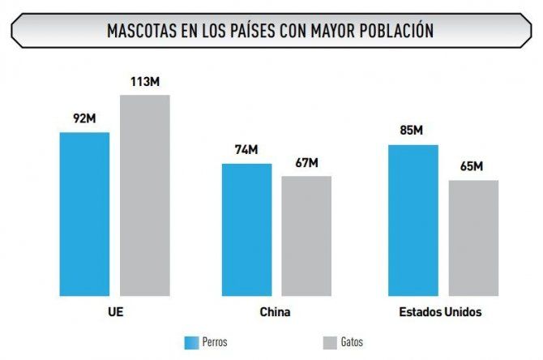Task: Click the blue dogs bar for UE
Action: click(x=84, y=214)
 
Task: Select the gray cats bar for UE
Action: click(x=145, y=195)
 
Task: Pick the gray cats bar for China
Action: click(x=306, y=236)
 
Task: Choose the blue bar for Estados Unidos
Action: click(x=413, y=221)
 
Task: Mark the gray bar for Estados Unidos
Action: click(x=473, y=238)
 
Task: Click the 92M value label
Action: click(x=84, y=119)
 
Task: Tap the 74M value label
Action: click(x=247, y=150)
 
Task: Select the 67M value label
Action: click(x=306, y=162)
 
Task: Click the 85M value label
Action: click(x=412, y=131)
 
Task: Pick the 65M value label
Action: click(x=472, y=167)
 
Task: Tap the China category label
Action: click(x=276, y=312)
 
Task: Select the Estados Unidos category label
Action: click(x=440, y=312)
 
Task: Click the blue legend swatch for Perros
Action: click(x=192, y=342)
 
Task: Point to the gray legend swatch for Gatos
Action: click(x=330, y=342)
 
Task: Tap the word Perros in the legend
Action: click(x=215, y=342)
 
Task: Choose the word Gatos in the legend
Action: click(x=352, y=342)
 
